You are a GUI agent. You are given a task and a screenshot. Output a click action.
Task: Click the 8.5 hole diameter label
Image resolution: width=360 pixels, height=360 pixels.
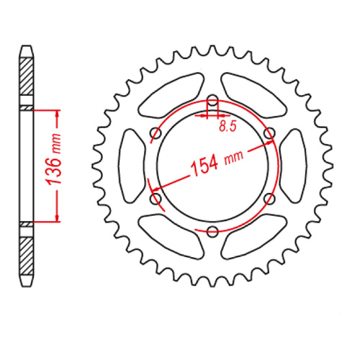226,127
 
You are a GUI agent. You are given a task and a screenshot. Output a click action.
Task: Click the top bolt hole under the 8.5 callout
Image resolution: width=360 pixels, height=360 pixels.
212,102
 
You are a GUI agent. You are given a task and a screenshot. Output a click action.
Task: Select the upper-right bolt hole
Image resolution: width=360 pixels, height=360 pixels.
269,134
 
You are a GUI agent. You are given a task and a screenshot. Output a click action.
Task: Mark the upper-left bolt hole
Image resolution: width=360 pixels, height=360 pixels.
156,134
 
